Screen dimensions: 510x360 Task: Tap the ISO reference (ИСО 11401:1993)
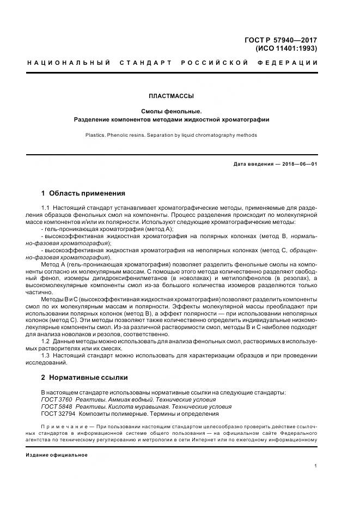[x=286, y=48]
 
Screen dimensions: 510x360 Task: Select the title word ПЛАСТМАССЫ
[x=171, y=96]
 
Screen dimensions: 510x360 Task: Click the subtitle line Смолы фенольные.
[x=171, y=111]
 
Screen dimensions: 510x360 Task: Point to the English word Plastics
[x=95, y=135]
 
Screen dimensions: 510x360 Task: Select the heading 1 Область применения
[x=83, y=193]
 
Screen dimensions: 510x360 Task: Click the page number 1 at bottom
[x=316, y=466]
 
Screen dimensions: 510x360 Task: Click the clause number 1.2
[x=46, y=340]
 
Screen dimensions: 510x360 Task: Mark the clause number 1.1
[x=46, y=208]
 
